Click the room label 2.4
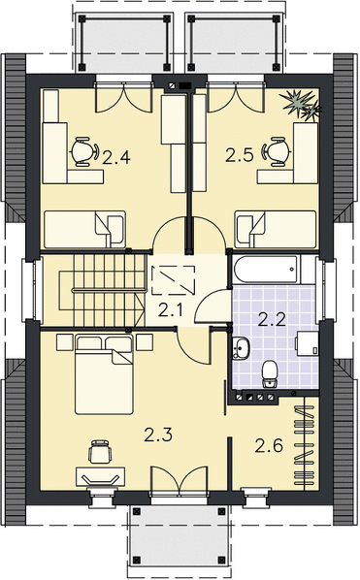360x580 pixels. pyautogui.click(x=116, y=158)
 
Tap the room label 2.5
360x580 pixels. pyautogui.click(x=240, y=156)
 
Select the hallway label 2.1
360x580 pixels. pyautogui.click(x=170, y=310)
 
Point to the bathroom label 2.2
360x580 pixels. pyautogui.click(x=272, y=320)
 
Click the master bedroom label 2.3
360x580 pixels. pyautogui.click(x=158, y=435)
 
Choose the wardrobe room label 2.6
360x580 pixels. pyautogui.click(x=269, y=445)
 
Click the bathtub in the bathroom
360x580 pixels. pyautogui.click(x=267, y=270)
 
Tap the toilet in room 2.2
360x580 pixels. pyautogui.click(x=270, y=374)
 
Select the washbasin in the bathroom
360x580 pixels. pyautogui.click(x=242, y=348)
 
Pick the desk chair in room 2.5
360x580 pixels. pyautogui.click(x=276, y=151)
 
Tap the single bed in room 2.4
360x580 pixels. pyautogui.click(x=85, y=229)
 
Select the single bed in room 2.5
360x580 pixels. pyautogui.click(x=276, y=229)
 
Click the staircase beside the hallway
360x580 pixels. pyautogui.click(x=101, y=290)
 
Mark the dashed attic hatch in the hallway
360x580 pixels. pyautogui.click(x=174, y=280)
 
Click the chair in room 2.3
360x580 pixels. pyautogui.click(x=100, y=451)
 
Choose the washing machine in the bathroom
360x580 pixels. pyautogui.click(x=307, y=343)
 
